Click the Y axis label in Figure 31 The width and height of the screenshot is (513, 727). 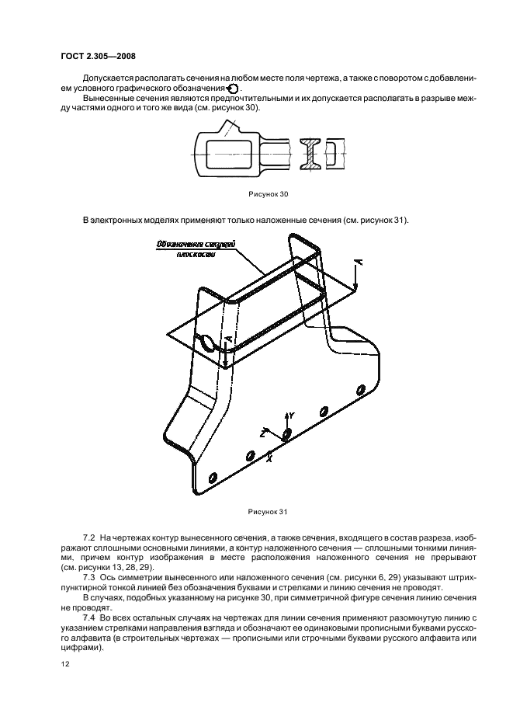[291, 416]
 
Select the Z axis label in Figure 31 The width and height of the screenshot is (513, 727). [265, 430]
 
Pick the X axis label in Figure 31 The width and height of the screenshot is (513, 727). [269, 457]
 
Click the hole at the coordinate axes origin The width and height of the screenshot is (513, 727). [288, 433]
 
